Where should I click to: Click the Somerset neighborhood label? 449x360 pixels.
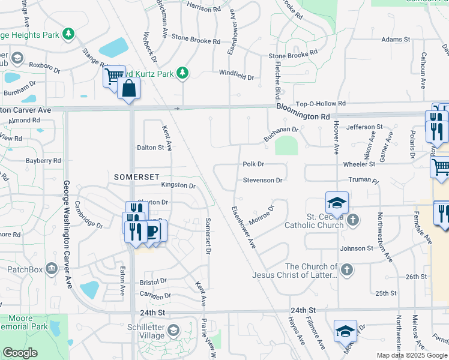click(x=137, y=177)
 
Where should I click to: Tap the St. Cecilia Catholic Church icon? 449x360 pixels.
click(x=353, y=220)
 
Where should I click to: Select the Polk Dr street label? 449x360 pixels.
click(x=253, y=164)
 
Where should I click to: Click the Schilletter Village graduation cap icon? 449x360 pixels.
click(x=173, y=330)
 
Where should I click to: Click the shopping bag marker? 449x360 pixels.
click(x=129, y=89)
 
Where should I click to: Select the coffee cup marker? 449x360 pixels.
click(x=152, y=230)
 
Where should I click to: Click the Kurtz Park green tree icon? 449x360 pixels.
click(x=182, y=74)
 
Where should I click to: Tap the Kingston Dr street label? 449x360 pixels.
click(x=179, y=186)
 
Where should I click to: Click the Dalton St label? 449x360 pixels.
click(x=150, y=147)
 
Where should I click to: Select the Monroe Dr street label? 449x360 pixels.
click(x=262, y=213)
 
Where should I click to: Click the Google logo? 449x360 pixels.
click(x=20, y=353)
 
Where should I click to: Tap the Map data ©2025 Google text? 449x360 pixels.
click(x=412, y=355)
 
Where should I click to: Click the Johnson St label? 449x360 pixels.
click(x=357, y=248)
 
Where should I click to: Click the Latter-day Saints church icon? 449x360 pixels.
click(x=346, y=271)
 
